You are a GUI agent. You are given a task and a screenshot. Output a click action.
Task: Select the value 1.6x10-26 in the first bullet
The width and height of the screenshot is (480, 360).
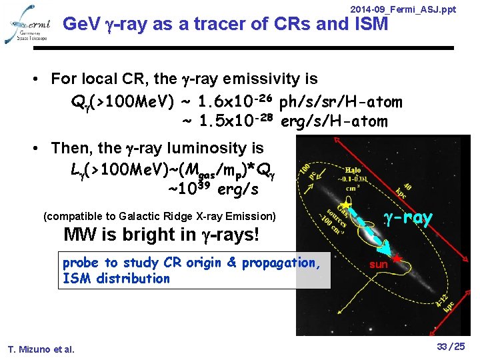click(x=237, y=101)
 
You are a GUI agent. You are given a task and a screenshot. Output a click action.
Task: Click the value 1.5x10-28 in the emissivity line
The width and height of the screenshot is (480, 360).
click(x=237, y=121)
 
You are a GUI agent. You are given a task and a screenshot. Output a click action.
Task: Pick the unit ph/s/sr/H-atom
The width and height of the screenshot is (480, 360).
click(x=341, y=102)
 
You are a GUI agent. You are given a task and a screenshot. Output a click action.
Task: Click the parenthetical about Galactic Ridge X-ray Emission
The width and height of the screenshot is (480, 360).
click(x=159, y=216)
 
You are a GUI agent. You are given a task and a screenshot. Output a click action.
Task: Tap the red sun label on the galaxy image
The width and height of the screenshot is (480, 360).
click(x=379, y=265)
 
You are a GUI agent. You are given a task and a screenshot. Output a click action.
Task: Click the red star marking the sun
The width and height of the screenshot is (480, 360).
click(x=397, y=257)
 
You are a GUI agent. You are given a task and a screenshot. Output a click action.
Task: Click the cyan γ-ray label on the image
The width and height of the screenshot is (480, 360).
click(x=408, y=218)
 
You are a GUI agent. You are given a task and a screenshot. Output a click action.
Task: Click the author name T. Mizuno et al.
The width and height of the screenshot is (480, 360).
click(x=41, y=349)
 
